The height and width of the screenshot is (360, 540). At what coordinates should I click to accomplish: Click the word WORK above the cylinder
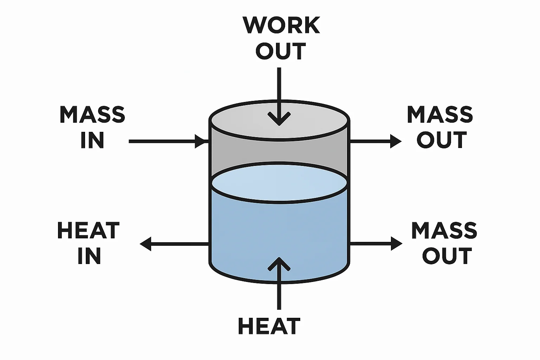click(281, 25)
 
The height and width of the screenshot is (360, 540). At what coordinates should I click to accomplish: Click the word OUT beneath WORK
click(281, 51)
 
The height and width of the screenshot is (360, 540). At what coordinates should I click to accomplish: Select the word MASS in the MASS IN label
click(92, 115)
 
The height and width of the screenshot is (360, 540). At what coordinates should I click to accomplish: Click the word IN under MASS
click(92, 140)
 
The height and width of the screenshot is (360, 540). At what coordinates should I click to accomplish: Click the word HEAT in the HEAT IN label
click(88, 231)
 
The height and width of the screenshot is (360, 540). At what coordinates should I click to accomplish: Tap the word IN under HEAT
click(89, 256)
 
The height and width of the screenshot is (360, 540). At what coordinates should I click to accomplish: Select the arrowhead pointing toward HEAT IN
click(146, 243)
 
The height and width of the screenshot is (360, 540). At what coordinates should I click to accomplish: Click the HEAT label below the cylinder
click(269, 326)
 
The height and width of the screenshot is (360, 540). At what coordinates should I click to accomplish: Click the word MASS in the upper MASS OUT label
click(440, 115)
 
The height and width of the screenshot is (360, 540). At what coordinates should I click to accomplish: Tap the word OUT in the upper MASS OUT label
click(442, 140)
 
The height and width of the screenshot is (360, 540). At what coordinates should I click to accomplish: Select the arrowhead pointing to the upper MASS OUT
click(396, 141)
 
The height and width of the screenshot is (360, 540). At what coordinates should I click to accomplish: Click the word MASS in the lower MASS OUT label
click(444, 231)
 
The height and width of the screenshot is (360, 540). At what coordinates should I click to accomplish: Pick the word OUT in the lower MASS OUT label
click(446, 256)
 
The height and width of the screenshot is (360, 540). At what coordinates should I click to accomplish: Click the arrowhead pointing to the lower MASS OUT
click(397, 243)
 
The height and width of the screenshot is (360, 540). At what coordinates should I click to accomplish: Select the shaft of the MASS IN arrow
click(162, 141)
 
